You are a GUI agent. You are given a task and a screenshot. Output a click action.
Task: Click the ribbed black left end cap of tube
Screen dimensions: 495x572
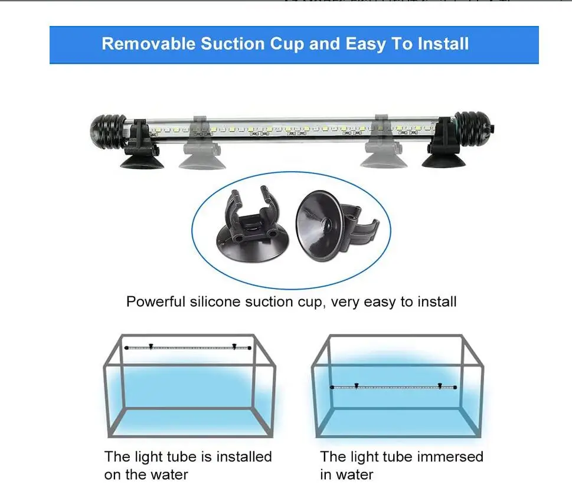(108, 129)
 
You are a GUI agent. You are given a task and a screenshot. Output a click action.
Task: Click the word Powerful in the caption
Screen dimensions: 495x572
(156, 302)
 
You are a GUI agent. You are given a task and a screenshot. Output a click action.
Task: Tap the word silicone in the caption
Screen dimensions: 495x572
(215, 302)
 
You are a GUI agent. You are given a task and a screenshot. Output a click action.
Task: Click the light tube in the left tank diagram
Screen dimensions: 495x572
(188, 348)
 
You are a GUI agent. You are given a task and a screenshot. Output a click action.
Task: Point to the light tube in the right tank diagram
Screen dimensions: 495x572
(394, 386)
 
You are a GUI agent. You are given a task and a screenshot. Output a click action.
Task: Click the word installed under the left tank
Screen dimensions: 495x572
(244, 457)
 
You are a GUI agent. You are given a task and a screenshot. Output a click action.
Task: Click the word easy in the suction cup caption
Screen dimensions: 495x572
(380, 302)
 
